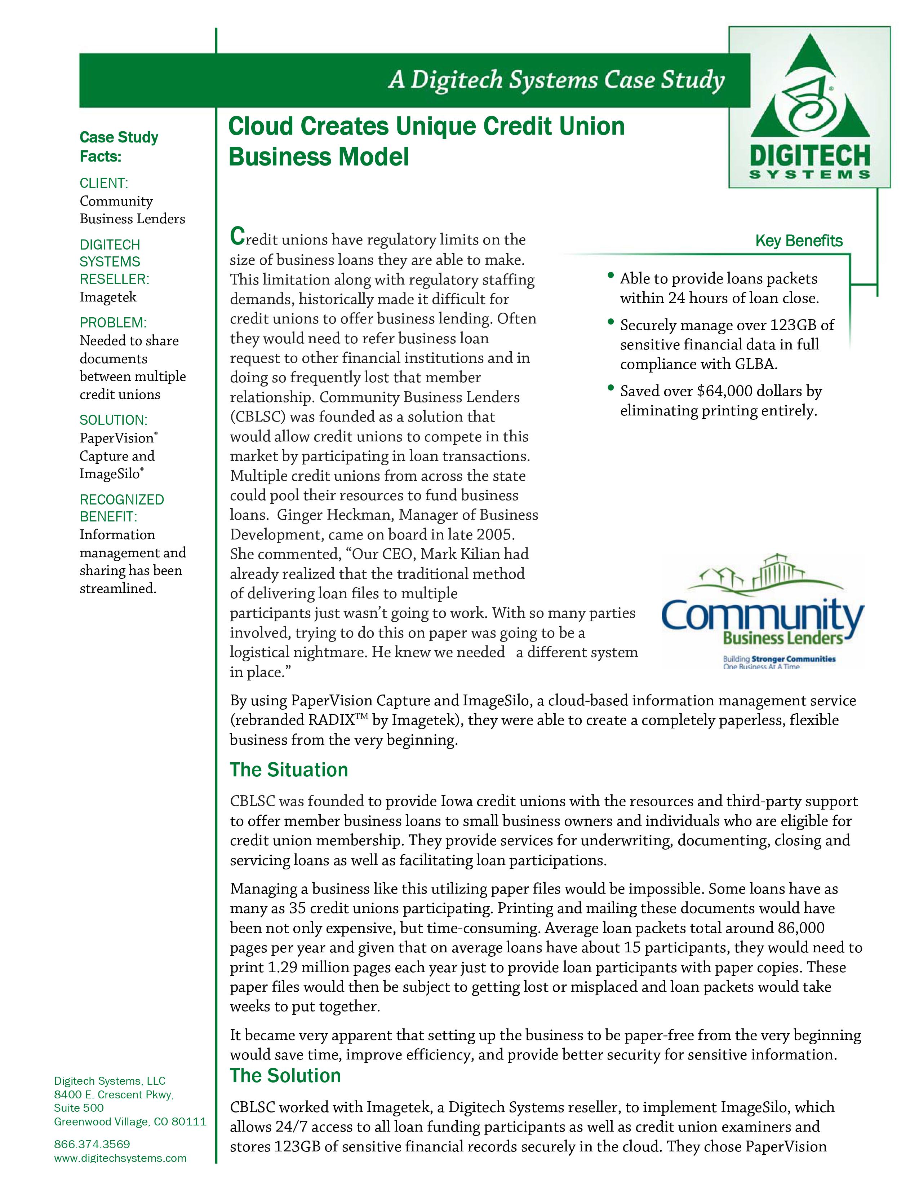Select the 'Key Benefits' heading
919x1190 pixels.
pos(798,241)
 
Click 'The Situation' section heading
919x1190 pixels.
pos(289,770)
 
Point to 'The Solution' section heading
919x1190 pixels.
pos(285,1076)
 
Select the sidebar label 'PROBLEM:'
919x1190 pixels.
pos(113,323)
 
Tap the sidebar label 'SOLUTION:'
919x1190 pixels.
pos(113,420)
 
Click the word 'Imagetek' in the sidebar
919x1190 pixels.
pos(108,297)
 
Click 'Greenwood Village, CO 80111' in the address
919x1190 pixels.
pos(130,1121)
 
